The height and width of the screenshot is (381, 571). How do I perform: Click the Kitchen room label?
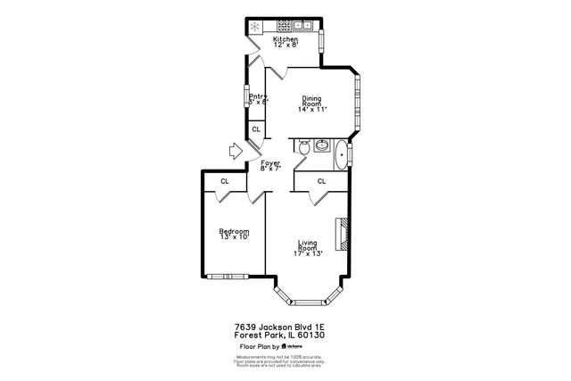pos(285,39)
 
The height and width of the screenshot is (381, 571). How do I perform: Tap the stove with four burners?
pos(285,26)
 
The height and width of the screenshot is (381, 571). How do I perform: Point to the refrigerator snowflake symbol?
pos(255,27)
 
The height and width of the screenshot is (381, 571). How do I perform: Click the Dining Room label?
pos(311,101)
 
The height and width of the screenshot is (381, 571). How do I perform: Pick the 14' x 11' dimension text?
pos(312,110)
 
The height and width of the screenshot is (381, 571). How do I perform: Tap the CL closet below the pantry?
pos(256,130)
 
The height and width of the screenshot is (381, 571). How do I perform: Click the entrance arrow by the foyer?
pos(236,153)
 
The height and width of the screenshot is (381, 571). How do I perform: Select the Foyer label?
pos(270,162)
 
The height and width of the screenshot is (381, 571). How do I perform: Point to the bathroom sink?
pos(321,144)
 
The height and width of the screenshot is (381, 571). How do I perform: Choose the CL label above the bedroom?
pos(225,181)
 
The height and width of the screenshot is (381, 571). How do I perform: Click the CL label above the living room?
pos(321,181)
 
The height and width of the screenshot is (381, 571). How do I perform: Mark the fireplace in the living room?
pos(341,232)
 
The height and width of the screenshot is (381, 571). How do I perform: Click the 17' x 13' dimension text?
pos(308,254)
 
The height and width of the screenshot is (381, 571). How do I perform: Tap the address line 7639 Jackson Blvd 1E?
pos(285,327)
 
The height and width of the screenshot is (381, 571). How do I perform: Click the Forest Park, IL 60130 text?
pos(285,335)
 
